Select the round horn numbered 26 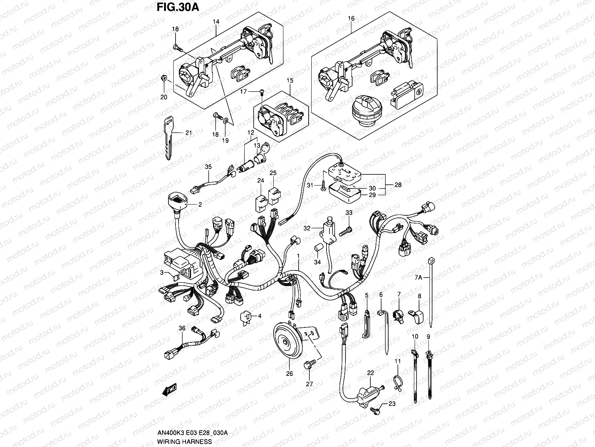pos(287,340)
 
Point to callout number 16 pos(351,18)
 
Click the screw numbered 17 pos(262,91)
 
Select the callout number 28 pos(398,184)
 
